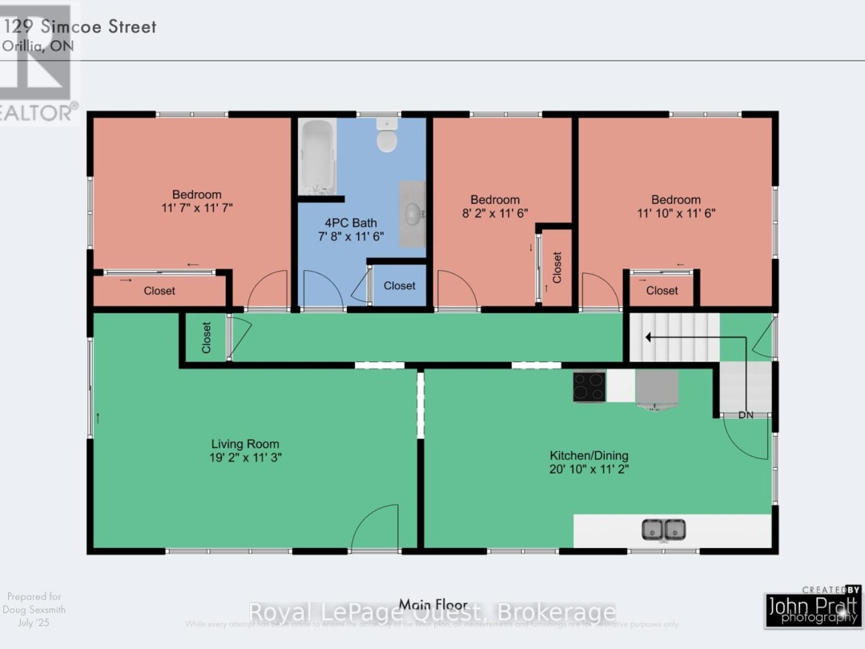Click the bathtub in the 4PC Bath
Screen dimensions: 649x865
(317, 155)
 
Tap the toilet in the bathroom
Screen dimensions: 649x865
(387, 137)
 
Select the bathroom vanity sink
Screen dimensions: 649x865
(413, 214)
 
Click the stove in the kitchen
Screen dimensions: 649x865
(589, 386)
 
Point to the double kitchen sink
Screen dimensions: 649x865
(664, 530)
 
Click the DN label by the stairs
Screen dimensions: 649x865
(746, 415)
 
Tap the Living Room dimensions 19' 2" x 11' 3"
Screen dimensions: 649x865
(245, 458)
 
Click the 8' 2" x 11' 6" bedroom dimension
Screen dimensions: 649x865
(495, 213)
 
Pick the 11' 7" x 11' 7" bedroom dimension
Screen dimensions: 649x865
(197, 208)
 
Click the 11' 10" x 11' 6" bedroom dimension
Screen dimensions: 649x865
(676, 213)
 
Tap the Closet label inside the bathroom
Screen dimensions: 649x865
(399, 286)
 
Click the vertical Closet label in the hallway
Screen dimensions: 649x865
(206, 338)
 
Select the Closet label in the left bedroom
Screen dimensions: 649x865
(159, 291)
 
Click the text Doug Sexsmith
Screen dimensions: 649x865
(34, 610)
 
